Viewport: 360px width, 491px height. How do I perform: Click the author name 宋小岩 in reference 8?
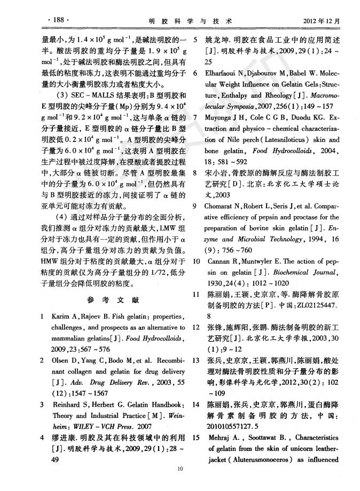click(218, 173)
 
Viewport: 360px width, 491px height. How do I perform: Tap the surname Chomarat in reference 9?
click(223, 207)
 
